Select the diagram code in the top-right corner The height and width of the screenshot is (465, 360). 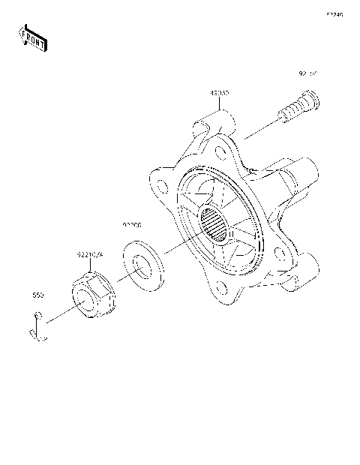pyautogui.click(x=334, y=14)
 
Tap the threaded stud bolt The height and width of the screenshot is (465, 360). pyautogui.click(x=298, y=109)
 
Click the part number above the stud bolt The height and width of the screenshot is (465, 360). pyautogui.click(x=308, y=74)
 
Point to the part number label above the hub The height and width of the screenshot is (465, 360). pyautogui.click(x=219, y=93)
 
